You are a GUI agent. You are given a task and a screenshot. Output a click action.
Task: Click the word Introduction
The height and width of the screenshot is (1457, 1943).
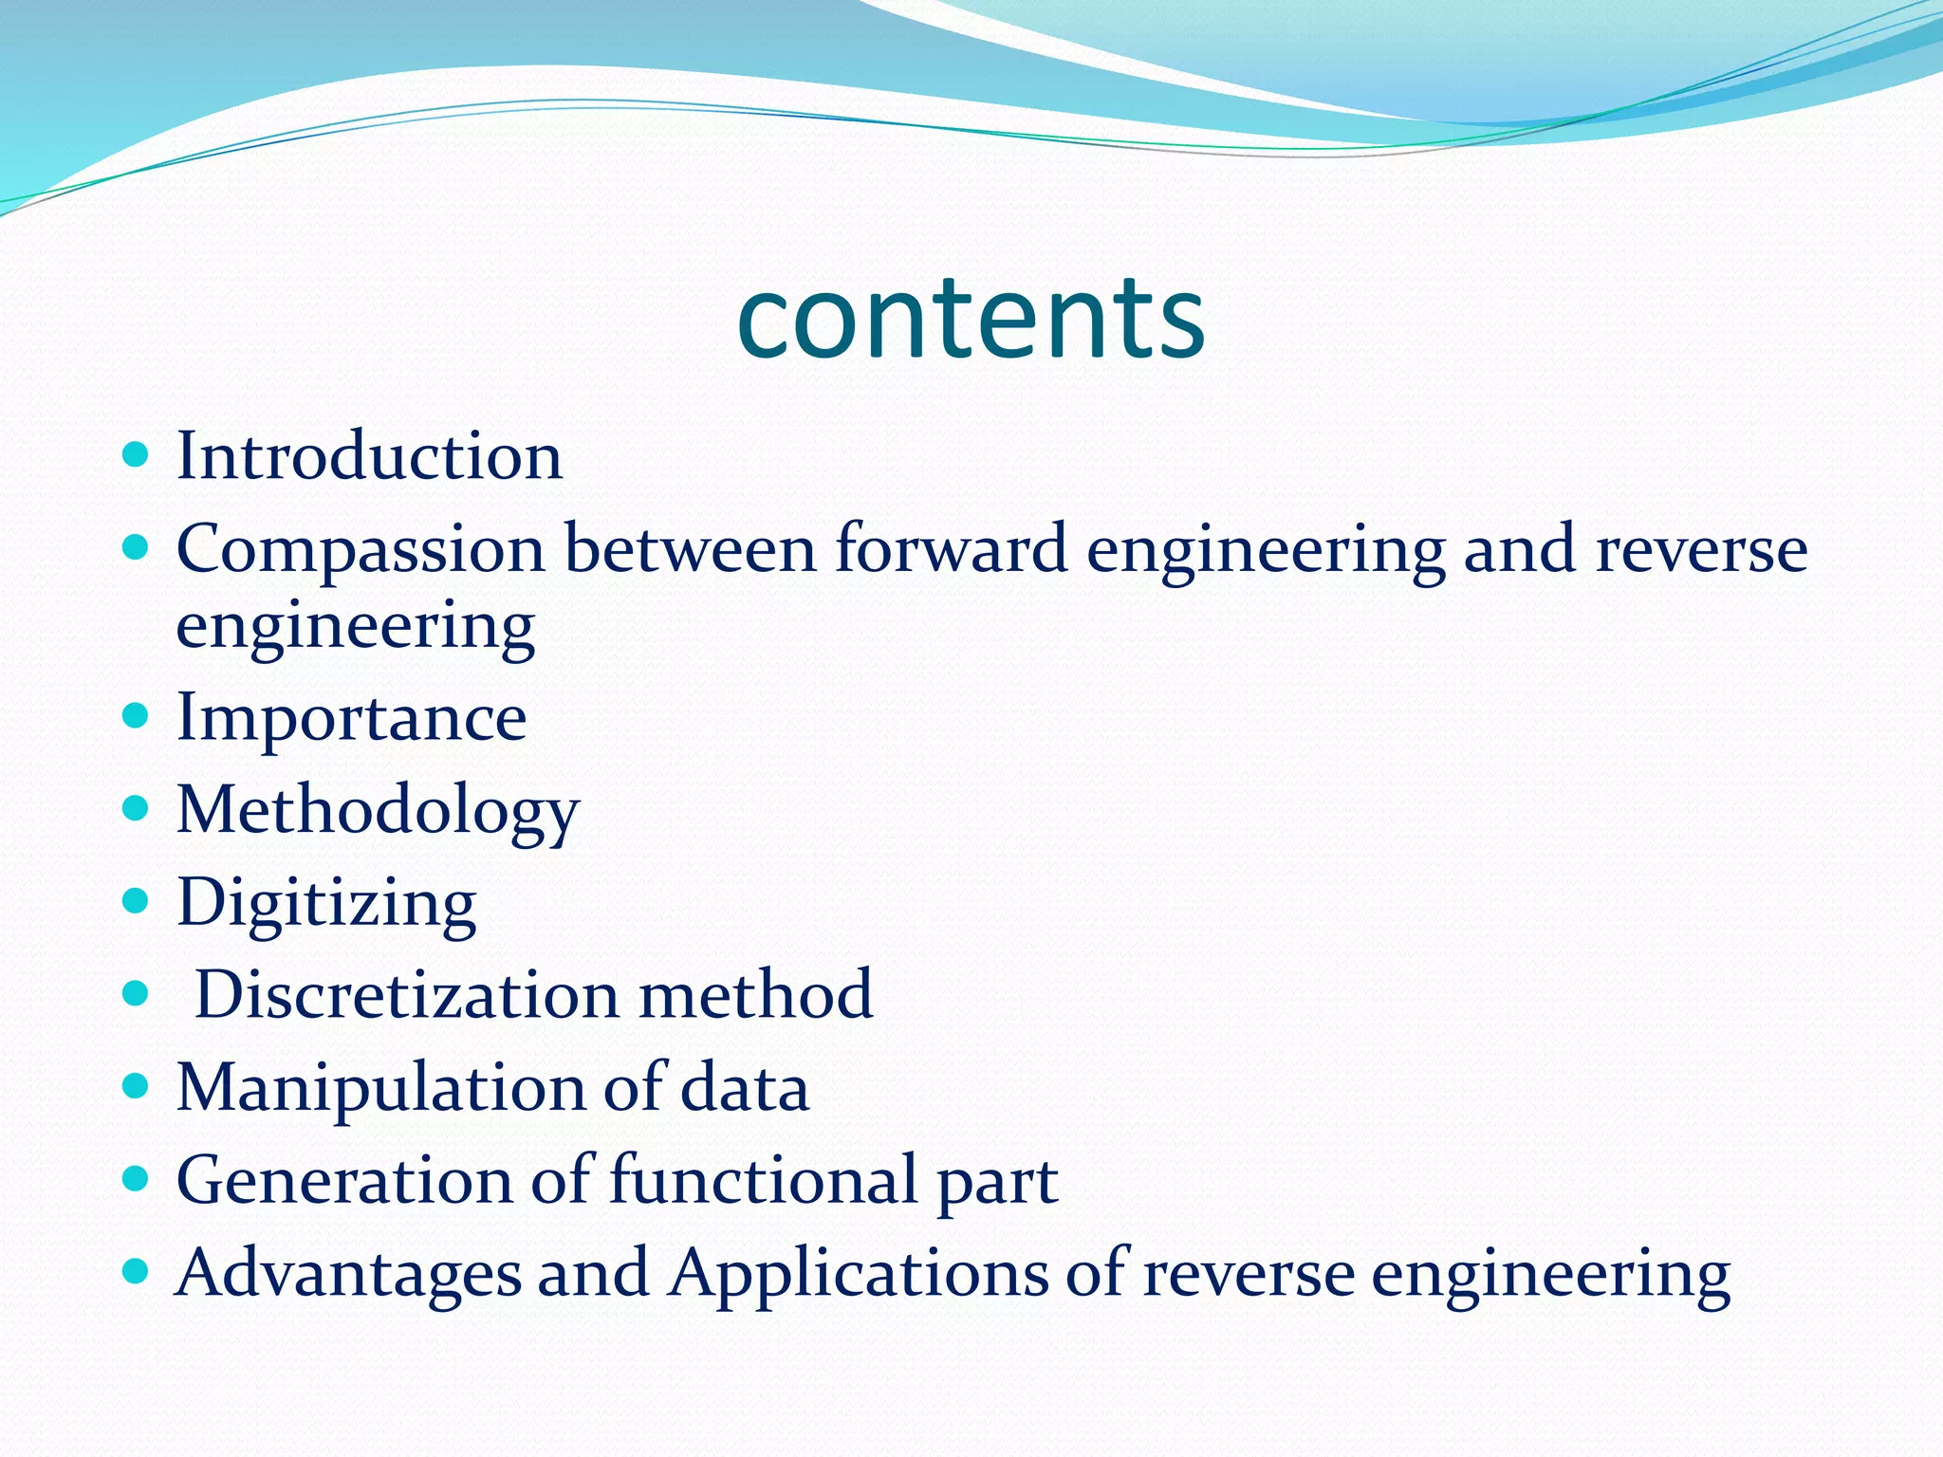(x=370, y=456)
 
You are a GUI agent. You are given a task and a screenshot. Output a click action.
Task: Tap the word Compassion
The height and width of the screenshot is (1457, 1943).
(x=361, y=550)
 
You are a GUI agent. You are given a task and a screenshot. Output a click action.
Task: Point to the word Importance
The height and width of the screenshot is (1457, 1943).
(x=352, y=718)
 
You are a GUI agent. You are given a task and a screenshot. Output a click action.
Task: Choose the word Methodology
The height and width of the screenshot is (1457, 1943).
(x=378, y=812)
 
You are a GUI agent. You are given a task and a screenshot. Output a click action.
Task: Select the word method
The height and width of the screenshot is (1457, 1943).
(x=755, y=995)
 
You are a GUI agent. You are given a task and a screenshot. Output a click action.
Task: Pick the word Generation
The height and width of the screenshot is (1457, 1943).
(x=344, y=1181)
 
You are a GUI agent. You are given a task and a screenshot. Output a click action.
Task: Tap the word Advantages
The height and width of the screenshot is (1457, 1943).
(x=348, y=1273)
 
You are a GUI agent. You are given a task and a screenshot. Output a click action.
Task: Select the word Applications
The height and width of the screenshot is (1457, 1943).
(x=858, y=1273)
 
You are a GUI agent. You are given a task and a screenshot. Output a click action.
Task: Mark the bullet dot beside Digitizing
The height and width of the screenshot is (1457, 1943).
(x=137, y=900)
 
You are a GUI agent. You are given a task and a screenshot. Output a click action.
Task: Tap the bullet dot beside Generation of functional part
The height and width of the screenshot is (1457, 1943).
(x=137, y=1179)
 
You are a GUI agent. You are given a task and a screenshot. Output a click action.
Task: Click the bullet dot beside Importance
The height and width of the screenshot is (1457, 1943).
(x=137, y=715)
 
